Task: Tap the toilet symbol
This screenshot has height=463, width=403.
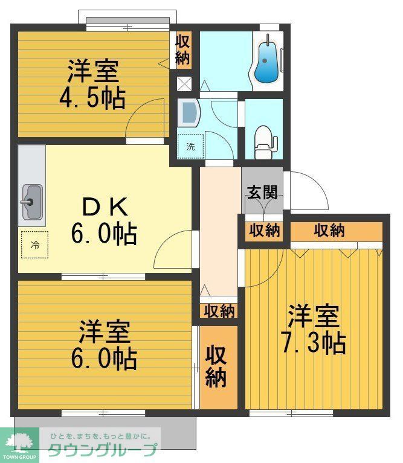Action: click(264, 139)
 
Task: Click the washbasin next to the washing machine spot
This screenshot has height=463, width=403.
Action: click(189, 112)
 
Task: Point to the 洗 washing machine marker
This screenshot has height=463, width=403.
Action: click(191, 145)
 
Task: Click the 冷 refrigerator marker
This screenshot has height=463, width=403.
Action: click(34, 244)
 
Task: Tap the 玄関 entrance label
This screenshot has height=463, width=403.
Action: click(262, 193)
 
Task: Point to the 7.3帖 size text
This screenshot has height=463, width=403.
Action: click(313, 343)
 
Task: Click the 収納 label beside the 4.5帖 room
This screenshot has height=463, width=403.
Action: click(183, 49)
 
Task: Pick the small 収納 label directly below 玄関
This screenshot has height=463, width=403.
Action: click(265, 231)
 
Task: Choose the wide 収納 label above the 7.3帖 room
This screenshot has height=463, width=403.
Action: click(329, 230)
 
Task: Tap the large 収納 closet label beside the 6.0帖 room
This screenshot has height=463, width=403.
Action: click(216, 366)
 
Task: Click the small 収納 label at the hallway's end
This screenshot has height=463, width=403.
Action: click(219, 311)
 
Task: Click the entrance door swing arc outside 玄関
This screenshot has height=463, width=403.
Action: click(310, 190)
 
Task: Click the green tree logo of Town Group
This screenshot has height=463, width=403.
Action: click(19, 441)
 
